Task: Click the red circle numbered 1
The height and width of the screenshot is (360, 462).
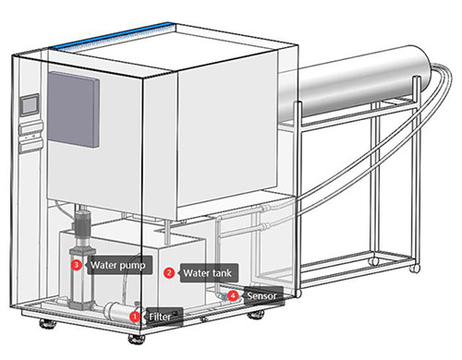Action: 135,317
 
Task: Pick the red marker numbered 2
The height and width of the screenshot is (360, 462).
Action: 169,272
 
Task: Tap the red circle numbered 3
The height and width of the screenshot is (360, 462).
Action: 76,265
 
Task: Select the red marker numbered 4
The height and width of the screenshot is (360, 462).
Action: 232,296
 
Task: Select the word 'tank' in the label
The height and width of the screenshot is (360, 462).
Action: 223,272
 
